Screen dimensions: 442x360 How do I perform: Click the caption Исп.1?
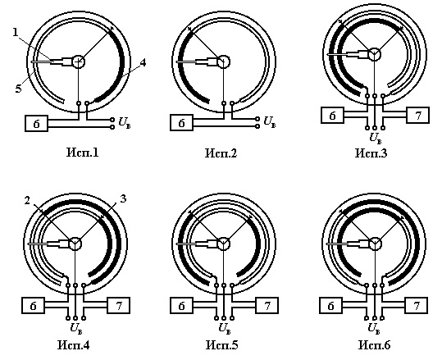(x=83, y=153)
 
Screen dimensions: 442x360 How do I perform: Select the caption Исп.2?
(x=221, y=153)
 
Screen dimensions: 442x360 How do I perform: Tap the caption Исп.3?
(x=371, y=153)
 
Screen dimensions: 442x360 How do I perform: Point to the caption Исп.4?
(x=74, y=345)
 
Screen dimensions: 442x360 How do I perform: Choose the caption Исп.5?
(x=222, y=345)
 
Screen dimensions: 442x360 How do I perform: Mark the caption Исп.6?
(x=375, y=345)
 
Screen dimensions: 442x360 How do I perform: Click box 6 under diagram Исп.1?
(x=37, y=123)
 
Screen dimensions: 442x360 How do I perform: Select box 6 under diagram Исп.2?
(x=181, y=123)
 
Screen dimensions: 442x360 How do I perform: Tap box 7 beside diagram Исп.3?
(x=417, y=115)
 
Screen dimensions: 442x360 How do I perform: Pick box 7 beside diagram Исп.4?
(x=118, y=305)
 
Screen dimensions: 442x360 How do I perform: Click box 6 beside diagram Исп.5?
(x=181, y=305)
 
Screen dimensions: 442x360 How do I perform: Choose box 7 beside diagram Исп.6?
(x=417, y=305)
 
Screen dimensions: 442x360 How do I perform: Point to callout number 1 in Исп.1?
(x=16, y=32)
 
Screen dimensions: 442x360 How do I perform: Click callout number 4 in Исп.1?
(x=143, y=62)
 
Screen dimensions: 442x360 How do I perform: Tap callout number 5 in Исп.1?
(x=18, y=89)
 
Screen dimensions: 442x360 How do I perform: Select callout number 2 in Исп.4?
(x=27, y=200)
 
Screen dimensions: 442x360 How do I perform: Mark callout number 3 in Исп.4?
(x=123, y=198)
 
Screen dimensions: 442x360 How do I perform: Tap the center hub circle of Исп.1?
(x=79, y=61)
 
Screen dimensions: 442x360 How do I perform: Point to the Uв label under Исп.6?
(x=374, y=329)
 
